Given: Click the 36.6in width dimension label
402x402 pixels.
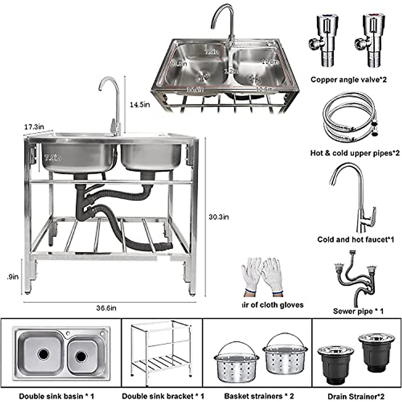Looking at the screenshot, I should [x=106, y=308].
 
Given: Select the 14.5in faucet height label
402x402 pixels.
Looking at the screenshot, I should [x=140, y=105].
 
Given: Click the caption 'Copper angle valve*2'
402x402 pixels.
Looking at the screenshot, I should [x=348, y=80].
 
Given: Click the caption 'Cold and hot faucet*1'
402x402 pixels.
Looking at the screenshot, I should [x=355, y=240].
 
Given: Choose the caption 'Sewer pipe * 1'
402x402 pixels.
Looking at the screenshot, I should [x=358, y=311].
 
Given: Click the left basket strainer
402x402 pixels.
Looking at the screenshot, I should [x=237, y=360].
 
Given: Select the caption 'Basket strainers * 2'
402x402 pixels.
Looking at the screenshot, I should [x=259, y=396].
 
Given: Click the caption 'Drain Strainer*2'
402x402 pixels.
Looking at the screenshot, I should [x=356, y=396].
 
